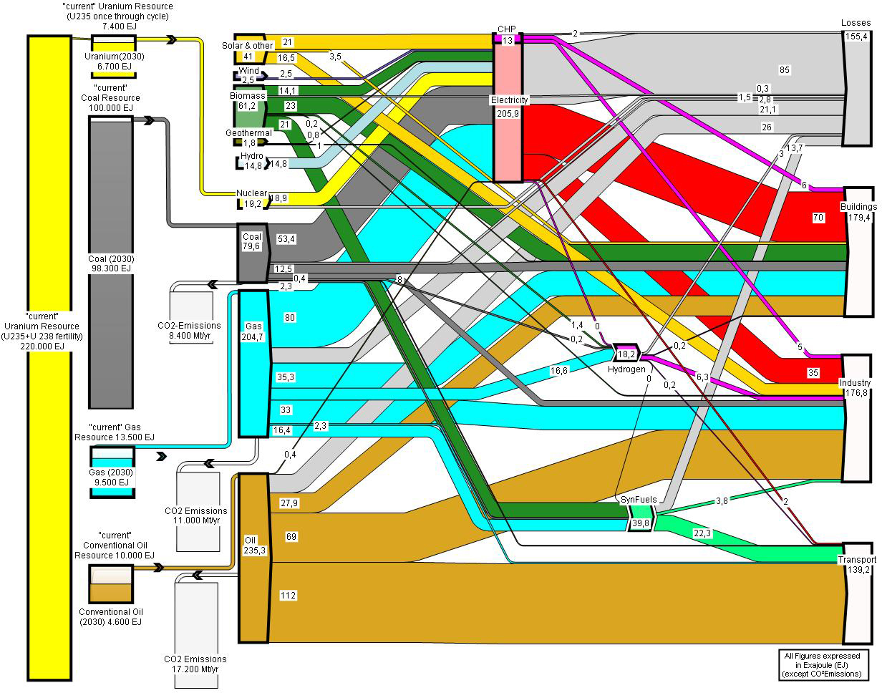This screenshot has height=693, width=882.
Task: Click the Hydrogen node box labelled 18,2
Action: point(626,353)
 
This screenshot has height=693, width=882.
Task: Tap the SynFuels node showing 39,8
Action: point(640,518)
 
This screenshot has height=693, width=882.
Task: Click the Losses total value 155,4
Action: point(856,37)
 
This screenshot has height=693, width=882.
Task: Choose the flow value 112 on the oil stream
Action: point(288,595)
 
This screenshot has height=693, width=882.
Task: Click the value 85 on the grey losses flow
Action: point(784,69)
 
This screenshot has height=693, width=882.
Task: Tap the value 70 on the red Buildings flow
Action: point(818,218)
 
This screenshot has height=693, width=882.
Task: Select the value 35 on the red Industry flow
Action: point(813,373)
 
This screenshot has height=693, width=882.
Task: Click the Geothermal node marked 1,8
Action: point(250,142)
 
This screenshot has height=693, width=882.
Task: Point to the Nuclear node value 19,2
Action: point(253,204)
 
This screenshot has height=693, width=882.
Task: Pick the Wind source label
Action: point(248,71)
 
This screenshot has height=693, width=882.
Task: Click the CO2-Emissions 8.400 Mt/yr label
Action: point(189,331)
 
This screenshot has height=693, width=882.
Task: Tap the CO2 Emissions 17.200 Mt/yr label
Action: point(195,664)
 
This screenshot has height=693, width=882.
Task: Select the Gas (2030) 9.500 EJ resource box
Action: point(112,472)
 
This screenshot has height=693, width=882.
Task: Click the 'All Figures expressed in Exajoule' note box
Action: point(823,665)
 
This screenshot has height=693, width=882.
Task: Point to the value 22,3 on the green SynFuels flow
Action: point(702,533)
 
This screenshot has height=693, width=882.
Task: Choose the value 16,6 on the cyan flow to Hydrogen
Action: point(559,370)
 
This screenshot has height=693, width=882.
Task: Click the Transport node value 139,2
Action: point(858,570)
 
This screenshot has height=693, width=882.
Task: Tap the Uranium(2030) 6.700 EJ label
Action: point(115,62)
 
